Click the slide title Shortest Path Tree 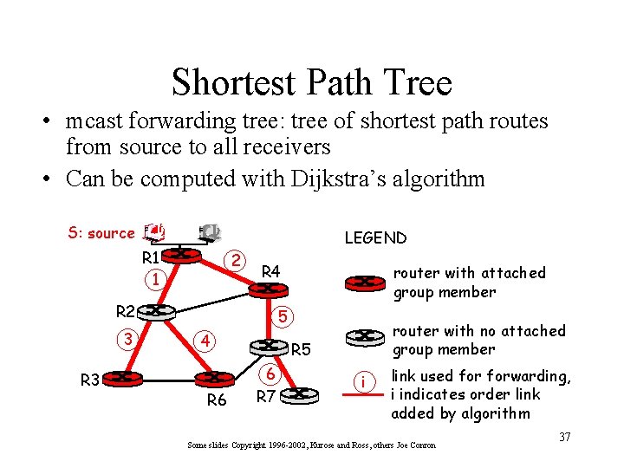click(x=312, y=82)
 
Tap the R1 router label click(x=151, y=257)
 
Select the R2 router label click(x=126, y=312)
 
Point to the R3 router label click(x=90, y=379)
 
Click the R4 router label click(x=271, y=272)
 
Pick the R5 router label click(x=301, y=351)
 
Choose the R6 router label click(x=216, y=400)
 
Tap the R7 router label click(x=267, y=397)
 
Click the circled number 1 click(x=154, y=280)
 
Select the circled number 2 click(x=234, y=260)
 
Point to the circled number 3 click(x=128, y=339)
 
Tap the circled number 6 click(x=271, y=374)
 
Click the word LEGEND click(x=375, y=237)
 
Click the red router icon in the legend click(x=365, y=282)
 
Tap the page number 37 click(x=564, y=437)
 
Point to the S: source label click(x=101, y=233)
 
